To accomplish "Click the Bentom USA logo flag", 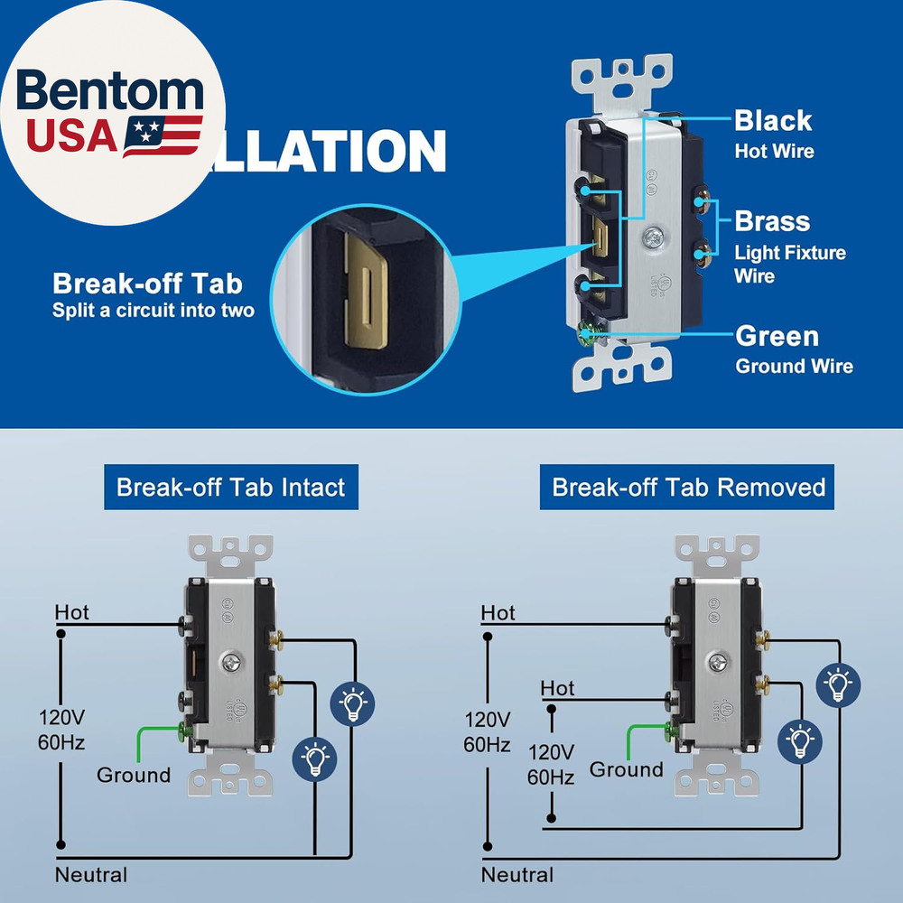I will click(163, 135).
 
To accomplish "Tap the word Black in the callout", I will click(772, 121).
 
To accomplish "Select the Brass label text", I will click(772, 221).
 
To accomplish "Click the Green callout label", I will click(777, 337).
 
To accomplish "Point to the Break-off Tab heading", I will click(148, 284).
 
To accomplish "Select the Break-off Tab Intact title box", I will click(230, 488).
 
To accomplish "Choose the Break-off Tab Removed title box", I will click(688, 488).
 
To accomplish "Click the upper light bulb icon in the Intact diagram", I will click(354, 702).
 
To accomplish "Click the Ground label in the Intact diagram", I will click(134, 776).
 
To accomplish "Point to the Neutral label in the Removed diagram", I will click(517, 875).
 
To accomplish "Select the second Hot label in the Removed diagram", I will click(557, 689).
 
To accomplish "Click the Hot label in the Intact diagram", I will click(72, 613).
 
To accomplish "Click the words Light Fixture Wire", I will click(789, 264).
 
